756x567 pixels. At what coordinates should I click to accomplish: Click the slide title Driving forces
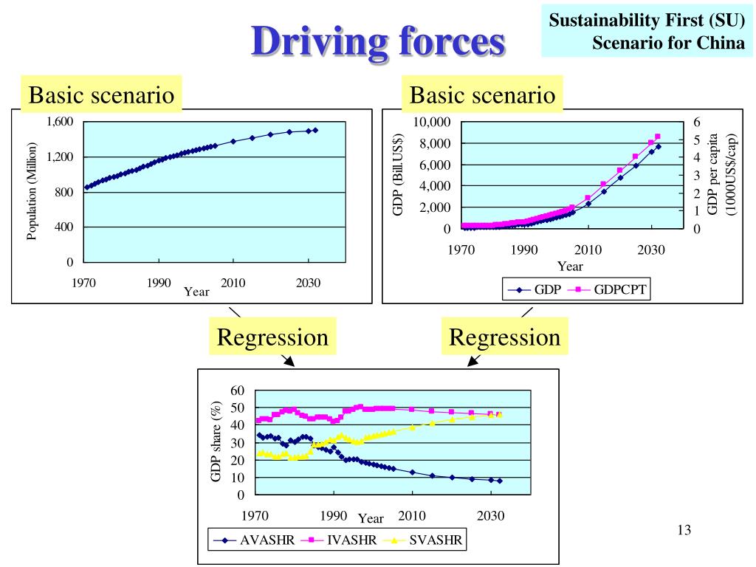378,42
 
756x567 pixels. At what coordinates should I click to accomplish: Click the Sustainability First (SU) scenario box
647,32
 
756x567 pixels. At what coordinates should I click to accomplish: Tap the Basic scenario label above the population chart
101,95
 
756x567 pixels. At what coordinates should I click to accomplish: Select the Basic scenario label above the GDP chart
482,95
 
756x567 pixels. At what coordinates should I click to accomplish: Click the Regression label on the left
272,337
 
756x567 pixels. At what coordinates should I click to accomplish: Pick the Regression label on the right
505,337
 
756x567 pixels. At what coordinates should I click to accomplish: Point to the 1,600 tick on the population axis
60,122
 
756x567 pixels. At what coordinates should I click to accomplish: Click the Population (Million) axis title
32,192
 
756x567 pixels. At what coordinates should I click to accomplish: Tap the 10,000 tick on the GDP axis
432,122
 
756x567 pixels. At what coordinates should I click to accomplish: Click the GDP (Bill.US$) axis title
398,175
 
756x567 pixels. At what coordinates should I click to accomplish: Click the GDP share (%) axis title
216,441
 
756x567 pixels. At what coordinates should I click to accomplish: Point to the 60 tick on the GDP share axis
236,390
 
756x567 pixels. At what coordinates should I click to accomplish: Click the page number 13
684,530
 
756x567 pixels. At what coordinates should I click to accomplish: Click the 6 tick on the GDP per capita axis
697,122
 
